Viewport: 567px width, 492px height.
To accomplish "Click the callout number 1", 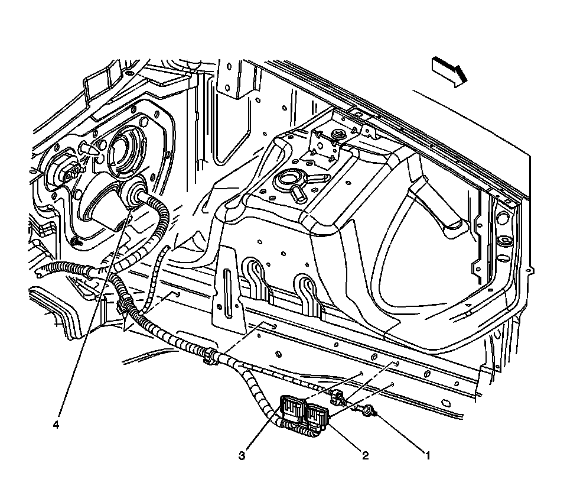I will click(x=427, y=456).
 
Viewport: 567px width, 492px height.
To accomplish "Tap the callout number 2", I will click(x=366, y=456).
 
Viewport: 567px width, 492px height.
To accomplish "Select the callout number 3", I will click(x=242, y=456).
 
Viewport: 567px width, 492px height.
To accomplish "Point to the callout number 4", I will click(x=56, y=425).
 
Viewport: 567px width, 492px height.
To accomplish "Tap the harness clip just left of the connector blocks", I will click(x=211, y=357).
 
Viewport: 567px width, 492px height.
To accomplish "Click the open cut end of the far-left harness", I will click(x=40, y=273).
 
